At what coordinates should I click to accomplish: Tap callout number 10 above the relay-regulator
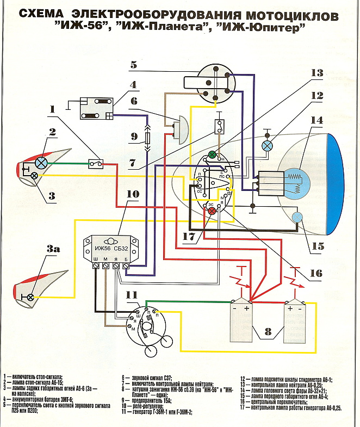[x=133, y=194]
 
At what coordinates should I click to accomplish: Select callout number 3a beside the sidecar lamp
[x=53, y=250]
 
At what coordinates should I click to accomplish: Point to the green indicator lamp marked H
[x=213, y=154]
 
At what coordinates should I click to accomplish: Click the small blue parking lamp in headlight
[x=297, y=217]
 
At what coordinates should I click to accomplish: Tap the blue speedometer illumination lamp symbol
[x=268, y=146]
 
